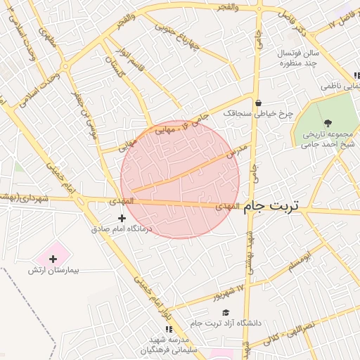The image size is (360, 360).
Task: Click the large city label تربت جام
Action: click(x=271, y=206)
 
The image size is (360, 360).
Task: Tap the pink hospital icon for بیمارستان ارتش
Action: click(x=53, y=259)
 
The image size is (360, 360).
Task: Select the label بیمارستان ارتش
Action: click(x=53, y=270)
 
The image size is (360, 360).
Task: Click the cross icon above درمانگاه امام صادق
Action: click(x=122, y=219)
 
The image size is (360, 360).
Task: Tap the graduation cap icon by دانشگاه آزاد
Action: click(x=225, y=313)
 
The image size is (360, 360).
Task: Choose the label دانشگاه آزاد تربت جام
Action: click(x=225, y=323)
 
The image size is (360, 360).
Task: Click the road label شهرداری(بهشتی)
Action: click(x=25, y=199)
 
